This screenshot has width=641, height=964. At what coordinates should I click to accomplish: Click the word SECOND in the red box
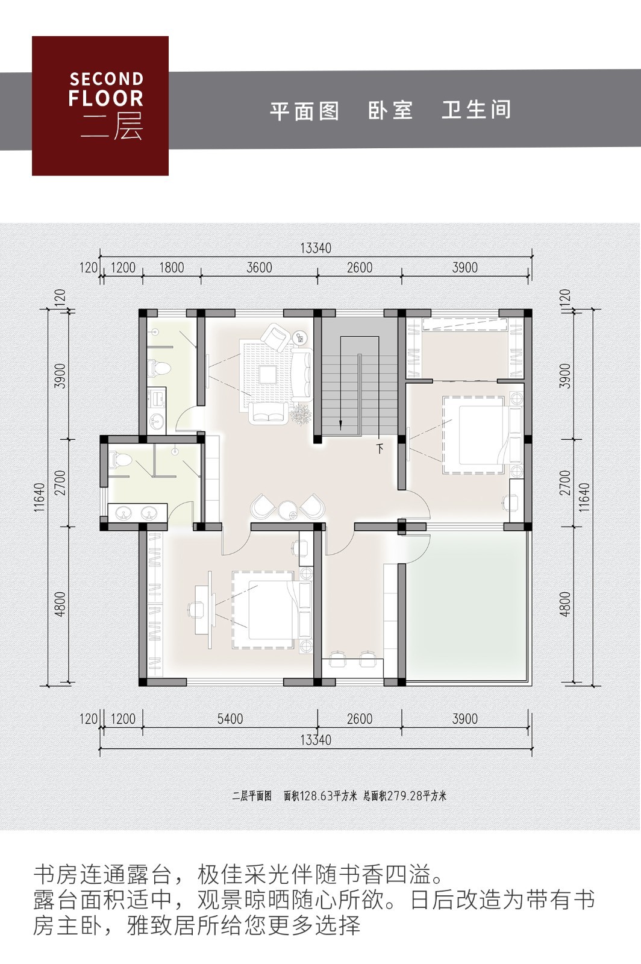point(106,79)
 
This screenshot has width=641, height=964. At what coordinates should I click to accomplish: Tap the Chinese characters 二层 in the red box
point(112,127)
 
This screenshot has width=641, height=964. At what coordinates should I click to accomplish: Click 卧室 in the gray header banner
point(390,110)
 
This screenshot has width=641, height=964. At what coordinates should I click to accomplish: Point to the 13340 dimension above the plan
point(316,248)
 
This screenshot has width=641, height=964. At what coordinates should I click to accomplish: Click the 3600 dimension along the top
point(259,268)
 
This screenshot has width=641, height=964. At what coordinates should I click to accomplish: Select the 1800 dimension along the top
point(172,268)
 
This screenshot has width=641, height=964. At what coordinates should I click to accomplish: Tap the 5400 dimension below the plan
point(230,719)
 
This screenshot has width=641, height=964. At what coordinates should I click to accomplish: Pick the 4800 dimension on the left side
point(60,604)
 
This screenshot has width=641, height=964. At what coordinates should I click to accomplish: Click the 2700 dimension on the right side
point(565,483)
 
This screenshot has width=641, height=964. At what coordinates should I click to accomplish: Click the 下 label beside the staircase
point(380,448)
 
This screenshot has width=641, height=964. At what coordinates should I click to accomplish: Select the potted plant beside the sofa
point(300,414)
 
